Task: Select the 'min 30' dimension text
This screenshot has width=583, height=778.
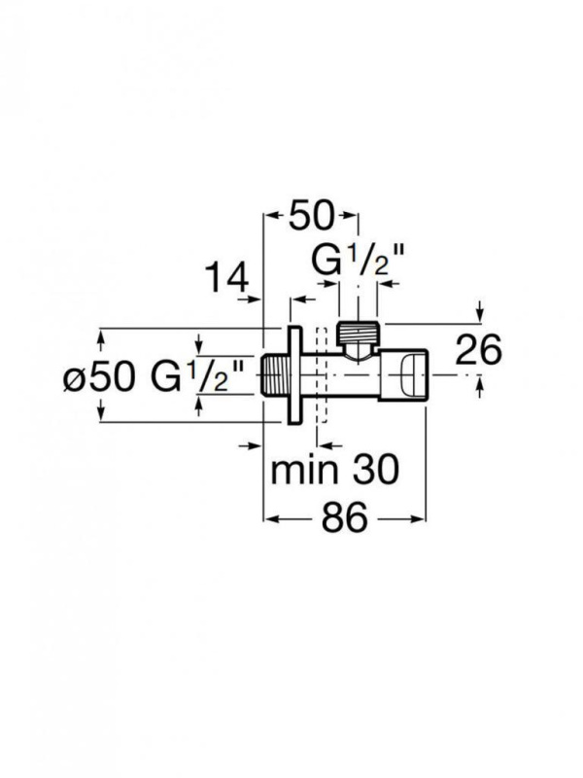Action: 334,471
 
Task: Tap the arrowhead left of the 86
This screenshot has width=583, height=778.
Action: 271,519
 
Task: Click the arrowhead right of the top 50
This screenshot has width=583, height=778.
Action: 352,215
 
